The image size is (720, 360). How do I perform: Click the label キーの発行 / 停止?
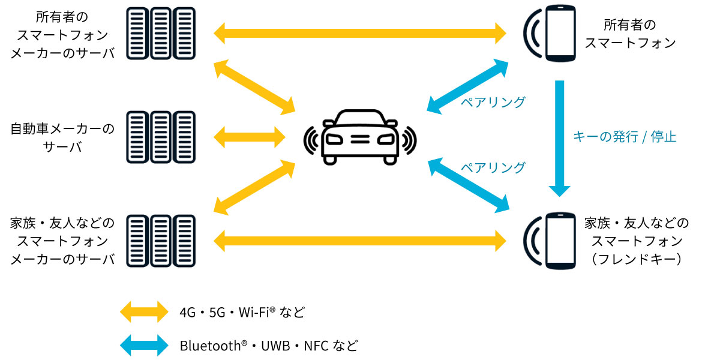pyautogui.click(x=625, y=137)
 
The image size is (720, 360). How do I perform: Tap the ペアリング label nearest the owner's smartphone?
pyautogui.click(x=492, y=102)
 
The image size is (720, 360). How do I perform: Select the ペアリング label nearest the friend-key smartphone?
pyautogui.click(x=492, y=167)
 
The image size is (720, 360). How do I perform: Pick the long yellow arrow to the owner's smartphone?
pyautogui.click(x=360, y=33)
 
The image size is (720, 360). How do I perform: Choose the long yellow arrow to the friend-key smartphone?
pyautogui.click(x=360, y=241)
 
